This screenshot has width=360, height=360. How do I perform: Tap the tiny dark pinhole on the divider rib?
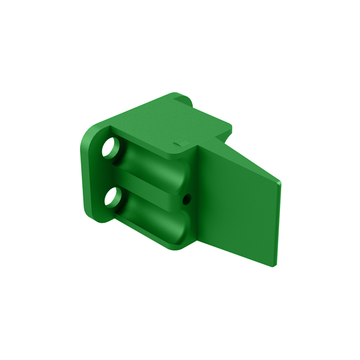[187, 198]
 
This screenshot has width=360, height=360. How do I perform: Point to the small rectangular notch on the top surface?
[179, 141]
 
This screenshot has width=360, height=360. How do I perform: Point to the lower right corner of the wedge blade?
[275, 263]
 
